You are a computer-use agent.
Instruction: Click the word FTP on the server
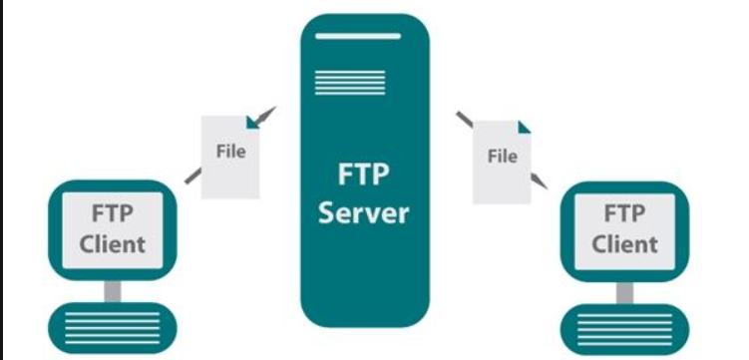[x=363, y=178]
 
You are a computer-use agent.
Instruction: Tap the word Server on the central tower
[x=363, y=212]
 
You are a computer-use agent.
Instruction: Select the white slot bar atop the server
[x=363, y=37]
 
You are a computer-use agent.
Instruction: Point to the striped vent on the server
[x=335, y=81]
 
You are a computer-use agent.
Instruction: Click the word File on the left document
[x=230, y=153]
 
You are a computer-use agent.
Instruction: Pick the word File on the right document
[x=502, y=156]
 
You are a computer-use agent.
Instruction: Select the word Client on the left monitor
[x=113, y=242]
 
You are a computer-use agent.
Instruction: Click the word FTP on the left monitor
[x=113, y=212]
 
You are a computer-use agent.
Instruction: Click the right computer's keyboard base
[x=625, y=330]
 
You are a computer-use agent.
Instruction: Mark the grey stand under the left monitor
[x=113, y=290]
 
